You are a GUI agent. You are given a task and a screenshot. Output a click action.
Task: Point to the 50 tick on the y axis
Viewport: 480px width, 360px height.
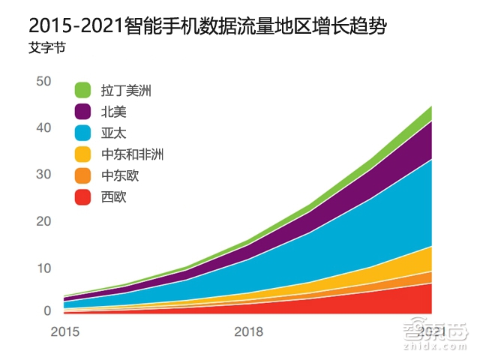click(43, 81)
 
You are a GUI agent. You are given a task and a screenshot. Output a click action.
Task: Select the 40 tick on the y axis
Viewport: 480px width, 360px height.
click(43, 128)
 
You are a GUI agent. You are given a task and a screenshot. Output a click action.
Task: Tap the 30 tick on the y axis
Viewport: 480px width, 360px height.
click(43, 175)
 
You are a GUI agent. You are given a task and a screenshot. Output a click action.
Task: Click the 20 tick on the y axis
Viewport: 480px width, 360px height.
click(43, 221)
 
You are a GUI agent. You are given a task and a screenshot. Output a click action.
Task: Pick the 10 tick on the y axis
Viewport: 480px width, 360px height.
click(43, 268)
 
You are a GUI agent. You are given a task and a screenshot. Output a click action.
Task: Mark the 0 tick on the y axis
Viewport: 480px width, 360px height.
click(46, 310)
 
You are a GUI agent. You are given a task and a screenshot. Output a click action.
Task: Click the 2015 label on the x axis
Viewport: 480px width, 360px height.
click(64, 331)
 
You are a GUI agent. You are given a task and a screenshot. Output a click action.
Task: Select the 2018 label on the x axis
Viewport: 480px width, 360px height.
click(248, 331)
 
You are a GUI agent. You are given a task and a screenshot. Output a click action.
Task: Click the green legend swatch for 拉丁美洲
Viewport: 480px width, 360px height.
click(83, 91)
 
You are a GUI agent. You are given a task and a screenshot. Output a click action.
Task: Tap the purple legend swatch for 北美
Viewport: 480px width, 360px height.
click(83, 112)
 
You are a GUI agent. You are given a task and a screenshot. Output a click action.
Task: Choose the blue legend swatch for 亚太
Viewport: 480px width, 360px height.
click(83, 133)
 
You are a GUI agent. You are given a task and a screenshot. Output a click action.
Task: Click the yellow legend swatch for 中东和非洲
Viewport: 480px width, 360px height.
click(83, 154)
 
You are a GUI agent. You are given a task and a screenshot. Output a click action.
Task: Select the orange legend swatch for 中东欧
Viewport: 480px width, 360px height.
click(83, 176)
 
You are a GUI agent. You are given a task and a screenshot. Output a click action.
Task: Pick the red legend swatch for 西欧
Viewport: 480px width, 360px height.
click(83, 197)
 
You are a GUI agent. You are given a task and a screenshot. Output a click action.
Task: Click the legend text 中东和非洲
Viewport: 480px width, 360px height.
click(132, 155)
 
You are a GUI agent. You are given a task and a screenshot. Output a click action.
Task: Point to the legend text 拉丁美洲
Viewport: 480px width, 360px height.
click(126, 91)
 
